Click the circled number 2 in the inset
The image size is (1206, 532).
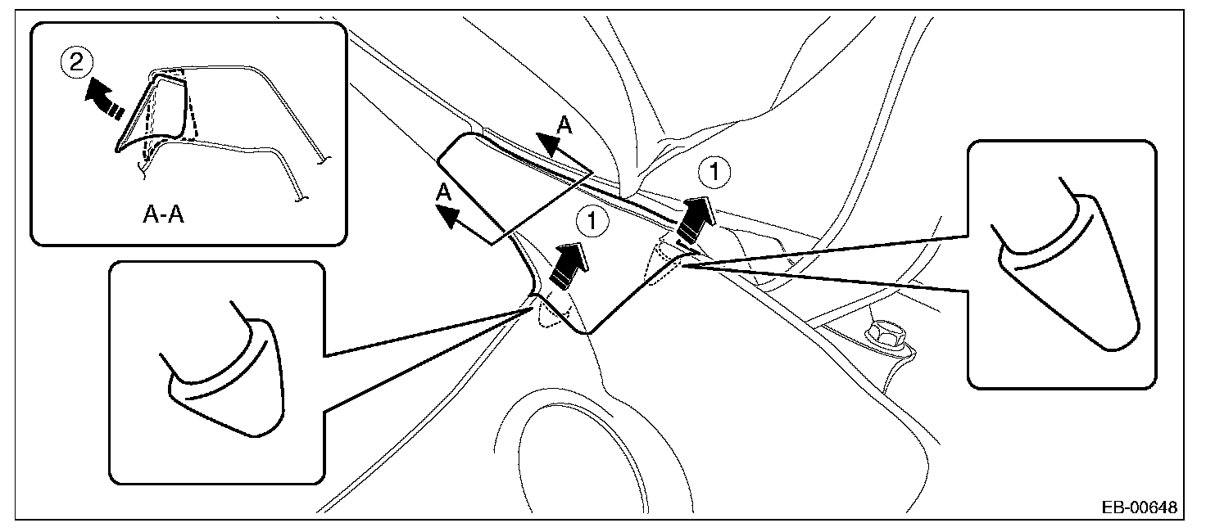tap(76, 64)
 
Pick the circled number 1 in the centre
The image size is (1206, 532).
tap(591, 219)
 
